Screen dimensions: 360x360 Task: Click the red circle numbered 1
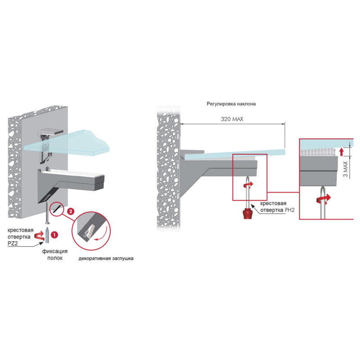[54, 235]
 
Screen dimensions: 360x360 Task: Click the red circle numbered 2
[71, 211]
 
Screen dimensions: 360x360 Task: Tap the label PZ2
[13, 243]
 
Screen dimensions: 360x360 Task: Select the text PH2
[289, 210]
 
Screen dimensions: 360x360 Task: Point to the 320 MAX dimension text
[232, 119]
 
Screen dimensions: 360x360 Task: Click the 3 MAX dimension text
[346, 169]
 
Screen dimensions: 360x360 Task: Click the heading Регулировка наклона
[231, 104]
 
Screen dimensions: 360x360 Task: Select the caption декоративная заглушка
[106, 258]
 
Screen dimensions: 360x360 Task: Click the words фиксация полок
[55, 255]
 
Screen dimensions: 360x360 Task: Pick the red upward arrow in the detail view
[342, 152]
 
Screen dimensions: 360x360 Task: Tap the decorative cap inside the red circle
[88, 232]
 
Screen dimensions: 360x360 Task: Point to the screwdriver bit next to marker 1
[47, 235]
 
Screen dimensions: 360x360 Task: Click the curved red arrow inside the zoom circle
[103, 234]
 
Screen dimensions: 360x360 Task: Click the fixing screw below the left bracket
[48, 212]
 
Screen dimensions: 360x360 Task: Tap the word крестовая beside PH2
[273, 203]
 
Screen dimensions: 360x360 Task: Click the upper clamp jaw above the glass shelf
[50, 131]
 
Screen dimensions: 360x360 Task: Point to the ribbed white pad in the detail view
[319, 152]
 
